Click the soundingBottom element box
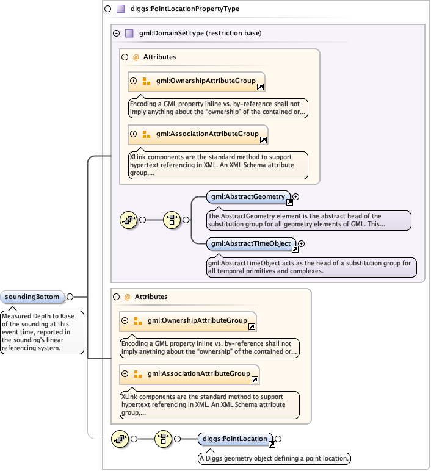click(x=33, y=297)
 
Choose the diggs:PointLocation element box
click(x=236, y=439)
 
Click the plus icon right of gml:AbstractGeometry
click(x=296, y=197)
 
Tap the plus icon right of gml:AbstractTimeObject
click(x=301, y=244)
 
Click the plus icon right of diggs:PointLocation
click(x=278, y=439)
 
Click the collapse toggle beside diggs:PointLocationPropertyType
click(x=107, y=9)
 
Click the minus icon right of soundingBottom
click(x=70, y=297)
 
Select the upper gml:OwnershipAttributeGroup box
click(x=198, y=81)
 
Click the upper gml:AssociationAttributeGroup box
click(x=199, y=134)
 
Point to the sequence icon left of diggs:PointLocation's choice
click(x=119, y=439)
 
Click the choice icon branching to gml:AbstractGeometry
click(x=172, y=220)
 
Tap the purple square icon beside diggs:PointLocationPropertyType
click(x=120, y=9)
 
